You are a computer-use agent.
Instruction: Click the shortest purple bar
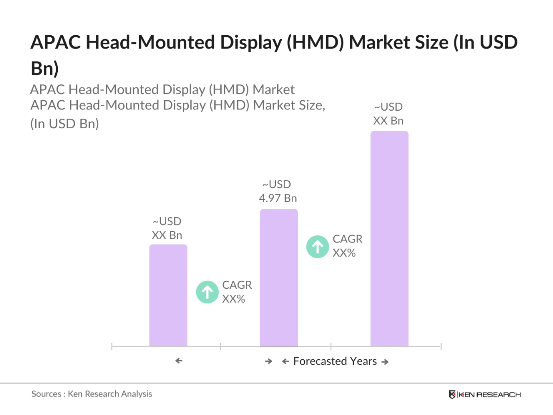(168, 295)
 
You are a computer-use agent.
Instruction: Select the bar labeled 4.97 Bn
(279, 277)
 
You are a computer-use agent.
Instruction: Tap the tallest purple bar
(390, 239)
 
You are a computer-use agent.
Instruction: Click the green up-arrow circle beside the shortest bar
(207, 292)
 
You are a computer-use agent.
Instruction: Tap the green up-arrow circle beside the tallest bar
(318, 247)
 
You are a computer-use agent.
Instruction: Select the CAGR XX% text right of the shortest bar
(237, 292)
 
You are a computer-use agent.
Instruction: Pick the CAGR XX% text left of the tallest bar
(347, 246)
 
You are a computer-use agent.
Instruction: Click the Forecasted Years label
(335, 361)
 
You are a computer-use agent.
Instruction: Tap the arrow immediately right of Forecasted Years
(385, 362)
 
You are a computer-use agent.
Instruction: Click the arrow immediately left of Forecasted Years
(285, 362)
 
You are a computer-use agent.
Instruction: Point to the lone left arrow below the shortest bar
(179, 361)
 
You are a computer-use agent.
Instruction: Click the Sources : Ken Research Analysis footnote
(92, 394)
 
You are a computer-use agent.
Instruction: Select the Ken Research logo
(484, 395)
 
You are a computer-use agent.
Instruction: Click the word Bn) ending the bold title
(45, 68)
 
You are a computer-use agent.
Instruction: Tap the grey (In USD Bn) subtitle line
(65, 124)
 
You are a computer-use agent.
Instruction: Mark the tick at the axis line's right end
(441, 346)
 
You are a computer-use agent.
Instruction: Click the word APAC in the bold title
(55, 43)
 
